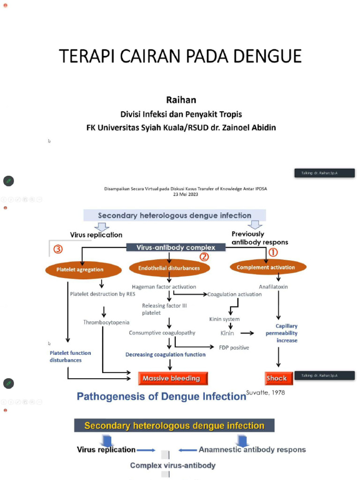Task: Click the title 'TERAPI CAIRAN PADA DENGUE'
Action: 180,56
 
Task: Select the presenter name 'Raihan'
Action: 181,100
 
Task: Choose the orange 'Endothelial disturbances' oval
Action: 169,268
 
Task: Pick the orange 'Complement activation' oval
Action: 266,267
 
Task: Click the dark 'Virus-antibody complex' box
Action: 176,247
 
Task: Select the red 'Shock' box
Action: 276,378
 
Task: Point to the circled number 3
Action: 58,249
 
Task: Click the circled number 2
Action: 204,257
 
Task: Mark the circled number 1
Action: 272,252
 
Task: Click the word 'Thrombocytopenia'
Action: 106,322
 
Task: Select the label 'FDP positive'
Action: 234,347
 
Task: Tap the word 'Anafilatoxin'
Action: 273,286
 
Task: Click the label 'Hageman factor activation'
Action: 164,286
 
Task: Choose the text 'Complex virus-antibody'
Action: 172,465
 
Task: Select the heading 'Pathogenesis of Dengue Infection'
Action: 161,397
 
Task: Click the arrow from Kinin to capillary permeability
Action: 247,333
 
